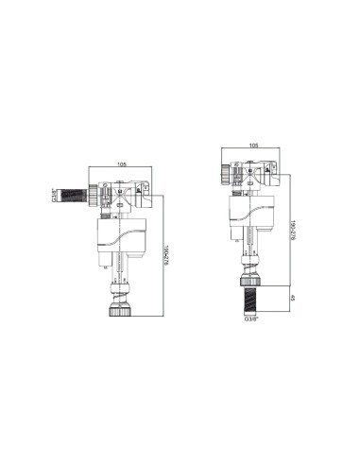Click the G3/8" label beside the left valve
tap(53, 198)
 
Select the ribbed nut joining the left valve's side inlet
tap(94, 198)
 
